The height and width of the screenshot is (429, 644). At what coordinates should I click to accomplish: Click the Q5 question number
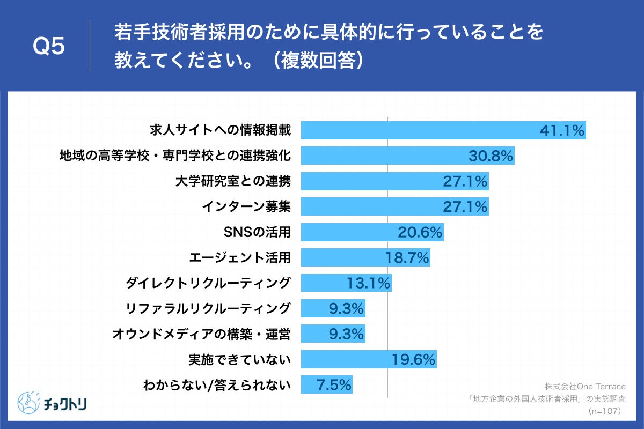(49, 47)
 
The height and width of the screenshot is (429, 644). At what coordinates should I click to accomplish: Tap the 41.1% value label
(561, 130)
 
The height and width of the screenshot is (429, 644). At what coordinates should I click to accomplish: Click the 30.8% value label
(491, 156)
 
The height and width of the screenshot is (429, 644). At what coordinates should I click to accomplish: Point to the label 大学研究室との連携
(233, 181)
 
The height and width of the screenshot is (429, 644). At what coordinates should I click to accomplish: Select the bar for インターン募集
(394, 206)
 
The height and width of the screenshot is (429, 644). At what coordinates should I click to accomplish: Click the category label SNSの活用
(256, 232)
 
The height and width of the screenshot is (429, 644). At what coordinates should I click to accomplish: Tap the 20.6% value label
(420, 232)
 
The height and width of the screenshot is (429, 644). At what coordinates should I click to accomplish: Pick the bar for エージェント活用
(365, 257)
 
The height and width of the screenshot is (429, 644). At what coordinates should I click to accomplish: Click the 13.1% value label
(369, 283)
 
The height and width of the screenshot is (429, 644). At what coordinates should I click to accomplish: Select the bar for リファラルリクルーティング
(333, 308)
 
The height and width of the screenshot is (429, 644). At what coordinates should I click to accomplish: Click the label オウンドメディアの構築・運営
(202, 334)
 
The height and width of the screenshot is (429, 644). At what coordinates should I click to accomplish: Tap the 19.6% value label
(413, 359)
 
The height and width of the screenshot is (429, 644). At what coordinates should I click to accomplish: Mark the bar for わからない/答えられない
(326, 384)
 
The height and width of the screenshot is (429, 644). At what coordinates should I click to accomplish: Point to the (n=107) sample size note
(604, 411)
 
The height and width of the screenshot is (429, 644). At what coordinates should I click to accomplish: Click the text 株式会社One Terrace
(586, 386)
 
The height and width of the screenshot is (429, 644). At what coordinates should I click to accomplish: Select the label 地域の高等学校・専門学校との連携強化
(175, 156)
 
